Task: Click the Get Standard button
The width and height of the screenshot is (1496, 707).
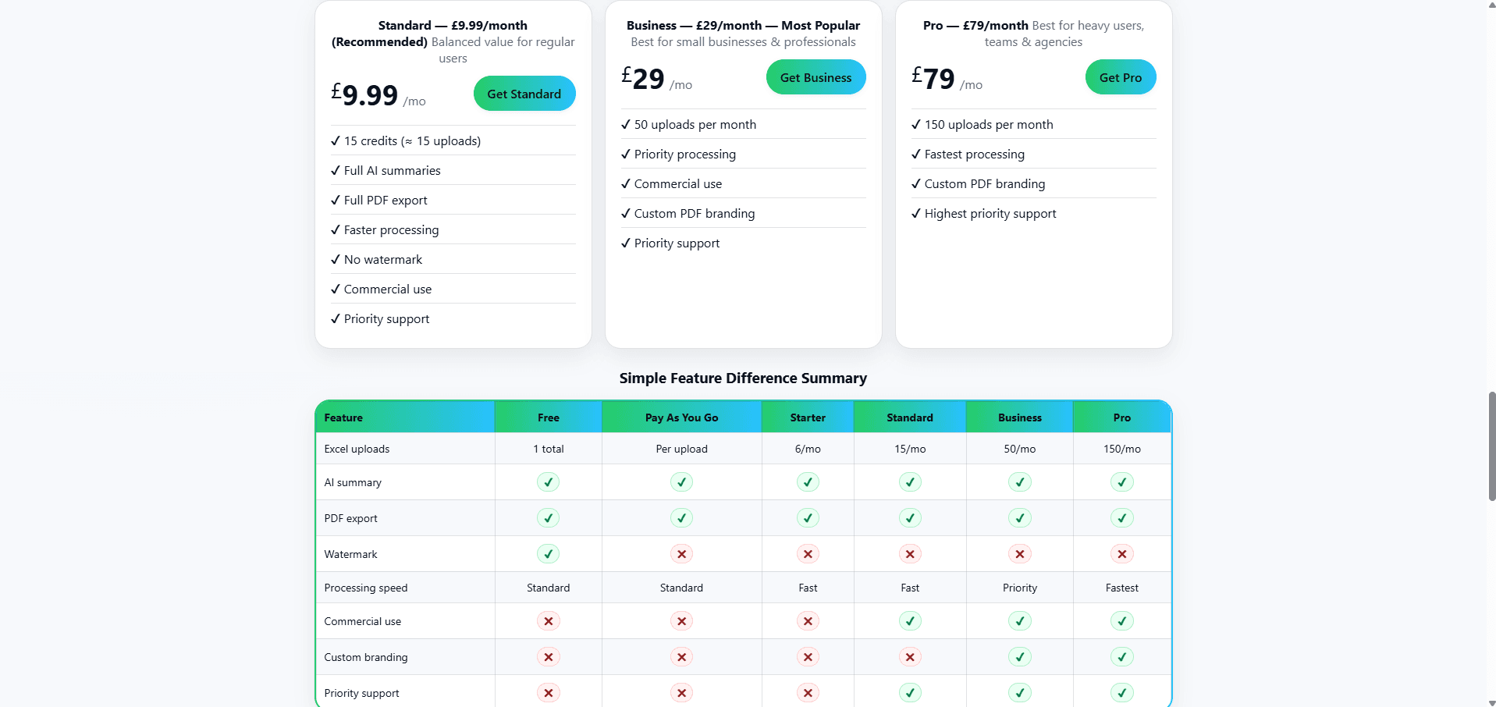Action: tap(524, 94)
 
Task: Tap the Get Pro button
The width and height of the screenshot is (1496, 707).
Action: tap(1120, 77)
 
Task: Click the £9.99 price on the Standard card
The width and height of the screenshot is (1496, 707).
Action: tap(365, 95)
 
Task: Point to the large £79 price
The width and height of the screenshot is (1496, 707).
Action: tap(933, 79)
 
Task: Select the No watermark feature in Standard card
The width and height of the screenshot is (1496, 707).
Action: tap(382, 260)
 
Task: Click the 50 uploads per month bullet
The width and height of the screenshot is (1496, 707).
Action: tap(695, 125)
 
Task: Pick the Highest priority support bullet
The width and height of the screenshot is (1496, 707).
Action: tap(990, 214)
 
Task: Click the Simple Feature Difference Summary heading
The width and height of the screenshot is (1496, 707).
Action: tap(743, 378)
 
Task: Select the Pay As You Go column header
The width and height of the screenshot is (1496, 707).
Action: tap(681, 417)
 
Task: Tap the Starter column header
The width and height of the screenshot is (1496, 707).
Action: tap(807, 417)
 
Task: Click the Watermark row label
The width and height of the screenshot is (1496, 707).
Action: tap(350, 554)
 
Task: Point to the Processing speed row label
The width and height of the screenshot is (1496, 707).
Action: tap(365, 588)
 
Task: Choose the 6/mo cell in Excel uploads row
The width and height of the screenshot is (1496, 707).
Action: tap(807, 449)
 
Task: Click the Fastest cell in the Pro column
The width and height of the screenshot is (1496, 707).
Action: tap(1121, 588)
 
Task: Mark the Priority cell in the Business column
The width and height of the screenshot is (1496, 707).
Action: tap(1019, 588)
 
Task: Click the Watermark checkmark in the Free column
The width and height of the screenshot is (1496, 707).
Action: tap(548, 554)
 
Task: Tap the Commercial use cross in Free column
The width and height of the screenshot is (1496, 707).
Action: tap(548, 621)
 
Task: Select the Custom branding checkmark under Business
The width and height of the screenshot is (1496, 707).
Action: tap(1019, 657)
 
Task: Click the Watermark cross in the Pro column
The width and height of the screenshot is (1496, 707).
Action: tap(1121, 554)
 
